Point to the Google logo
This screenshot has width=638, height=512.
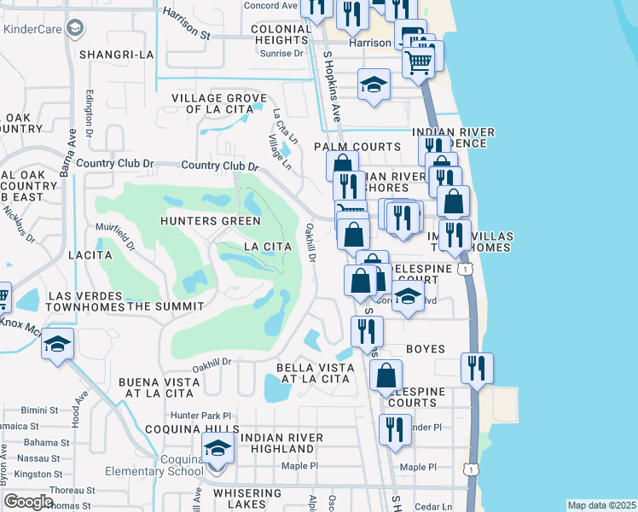[x=28, y=502]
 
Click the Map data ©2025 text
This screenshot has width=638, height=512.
[x=601, y=505]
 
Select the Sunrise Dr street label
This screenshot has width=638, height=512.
[x=281, y=53]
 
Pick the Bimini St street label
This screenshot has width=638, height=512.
[x=41, y=410]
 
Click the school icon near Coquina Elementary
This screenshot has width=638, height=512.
[x=217, y=448]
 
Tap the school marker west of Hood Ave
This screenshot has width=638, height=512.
[x=57, y=344]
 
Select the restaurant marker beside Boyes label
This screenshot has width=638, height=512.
[x=368, y=331]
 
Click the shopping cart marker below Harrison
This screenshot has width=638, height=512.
[x=417, y=61]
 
